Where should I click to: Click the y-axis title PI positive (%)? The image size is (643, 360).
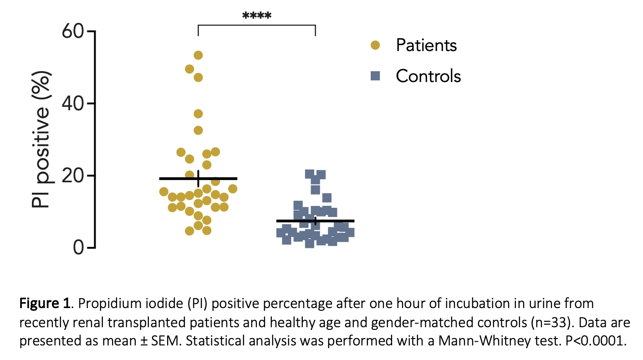pos(41,140)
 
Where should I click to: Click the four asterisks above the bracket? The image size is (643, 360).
pos(257,16)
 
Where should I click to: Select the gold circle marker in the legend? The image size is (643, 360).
pos(375,45)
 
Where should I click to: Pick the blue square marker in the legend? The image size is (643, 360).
pos(375,76)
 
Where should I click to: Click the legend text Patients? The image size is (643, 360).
pos(426,45)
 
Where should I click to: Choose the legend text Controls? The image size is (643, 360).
pos(429,76)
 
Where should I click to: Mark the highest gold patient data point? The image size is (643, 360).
pos(198,55)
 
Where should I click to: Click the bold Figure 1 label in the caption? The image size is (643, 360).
pos(45,303)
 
